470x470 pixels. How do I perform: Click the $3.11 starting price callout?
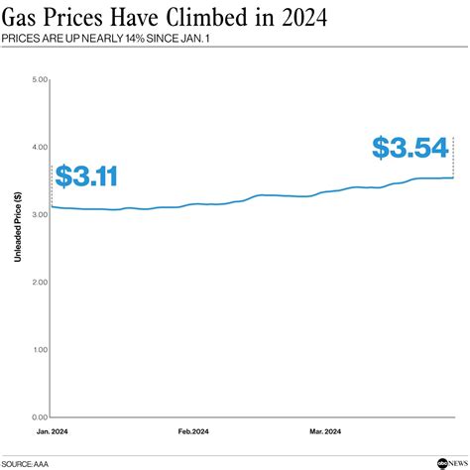click(x=86, y=177)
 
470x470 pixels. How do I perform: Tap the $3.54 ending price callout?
click(x=410, y=149)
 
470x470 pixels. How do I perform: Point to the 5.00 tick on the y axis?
click(x=39, y=79)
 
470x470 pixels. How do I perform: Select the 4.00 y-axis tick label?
click(x=39, y=147)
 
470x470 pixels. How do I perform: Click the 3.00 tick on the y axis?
click(x=39, y=214)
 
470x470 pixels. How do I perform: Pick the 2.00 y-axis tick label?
click(x=39, y=283)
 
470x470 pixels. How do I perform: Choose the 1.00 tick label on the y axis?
click(x=39, y=350)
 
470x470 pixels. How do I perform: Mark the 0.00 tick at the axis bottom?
click(x=39, y=417)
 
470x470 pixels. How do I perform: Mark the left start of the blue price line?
click(x=52, y=206)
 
